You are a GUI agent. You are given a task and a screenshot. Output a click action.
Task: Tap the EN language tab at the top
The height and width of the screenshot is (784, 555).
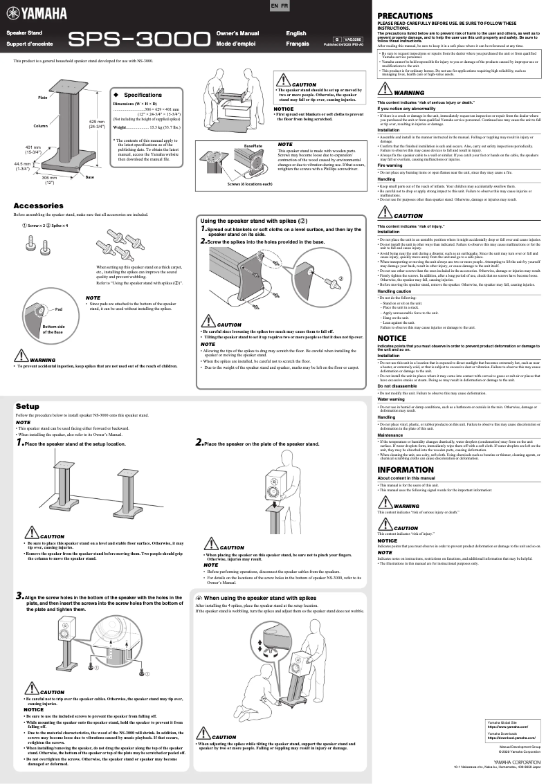[273, 6]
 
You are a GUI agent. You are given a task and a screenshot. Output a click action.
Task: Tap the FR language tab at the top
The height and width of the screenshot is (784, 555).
[284, 6]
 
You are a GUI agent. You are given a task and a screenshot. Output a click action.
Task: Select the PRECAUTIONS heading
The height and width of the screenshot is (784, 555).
[405, 15]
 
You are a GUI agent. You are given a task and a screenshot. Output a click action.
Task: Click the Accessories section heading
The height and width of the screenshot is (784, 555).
[39, 206]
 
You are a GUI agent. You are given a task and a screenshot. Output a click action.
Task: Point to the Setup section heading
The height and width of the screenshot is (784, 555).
[28, 406]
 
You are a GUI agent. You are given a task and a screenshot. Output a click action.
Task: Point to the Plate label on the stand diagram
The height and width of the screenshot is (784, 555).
[43, 98]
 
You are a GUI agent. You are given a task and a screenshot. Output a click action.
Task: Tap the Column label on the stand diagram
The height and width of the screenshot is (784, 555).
[40, 126]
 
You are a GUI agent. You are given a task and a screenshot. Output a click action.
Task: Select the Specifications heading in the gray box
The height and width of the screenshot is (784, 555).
[143, 95]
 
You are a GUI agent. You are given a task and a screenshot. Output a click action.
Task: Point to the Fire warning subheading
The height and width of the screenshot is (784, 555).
[392, 165]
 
